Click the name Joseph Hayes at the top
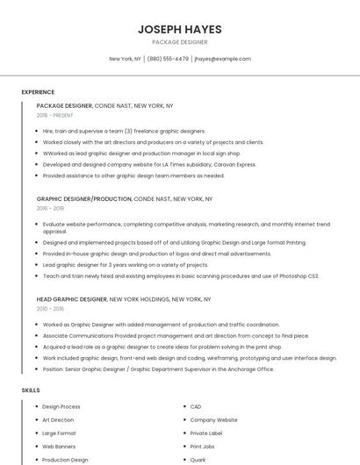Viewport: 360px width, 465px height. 179,29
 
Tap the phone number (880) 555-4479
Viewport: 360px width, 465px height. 168,59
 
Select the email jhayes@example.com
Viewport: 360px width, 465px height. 222,59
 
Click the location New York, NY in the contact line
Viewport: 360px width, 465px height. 125,59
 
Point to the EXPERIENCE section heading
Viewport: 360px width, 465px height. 38,92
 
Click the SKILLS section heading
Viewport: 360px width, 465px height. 30,390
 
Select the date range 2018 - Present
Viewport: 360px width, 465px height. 54,115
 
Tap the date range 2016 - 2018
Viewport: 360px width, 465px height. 50,208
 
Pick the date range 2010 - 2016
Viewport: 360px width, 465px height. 50,308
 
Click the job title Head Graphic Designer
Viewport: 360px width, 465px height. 74,299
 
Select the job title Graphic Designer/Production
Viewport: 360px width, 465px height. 84,199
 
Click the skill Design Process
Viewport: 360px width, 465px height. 61,406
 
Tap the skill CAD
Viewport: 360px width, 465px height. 196,406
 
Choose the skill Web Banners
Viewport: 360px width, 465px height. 59,446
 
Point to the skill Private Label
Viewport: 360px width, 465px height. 207,433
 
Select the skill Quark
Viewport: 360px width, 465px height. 198,459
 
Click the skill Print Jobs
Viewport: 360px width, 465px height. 203,446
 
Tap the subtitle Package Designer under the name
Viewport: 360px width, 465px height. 179,42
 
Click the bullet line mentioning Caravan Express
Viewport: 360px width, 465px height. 149,164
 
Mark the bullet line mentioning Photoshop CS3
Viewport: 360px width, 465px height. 181,275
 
